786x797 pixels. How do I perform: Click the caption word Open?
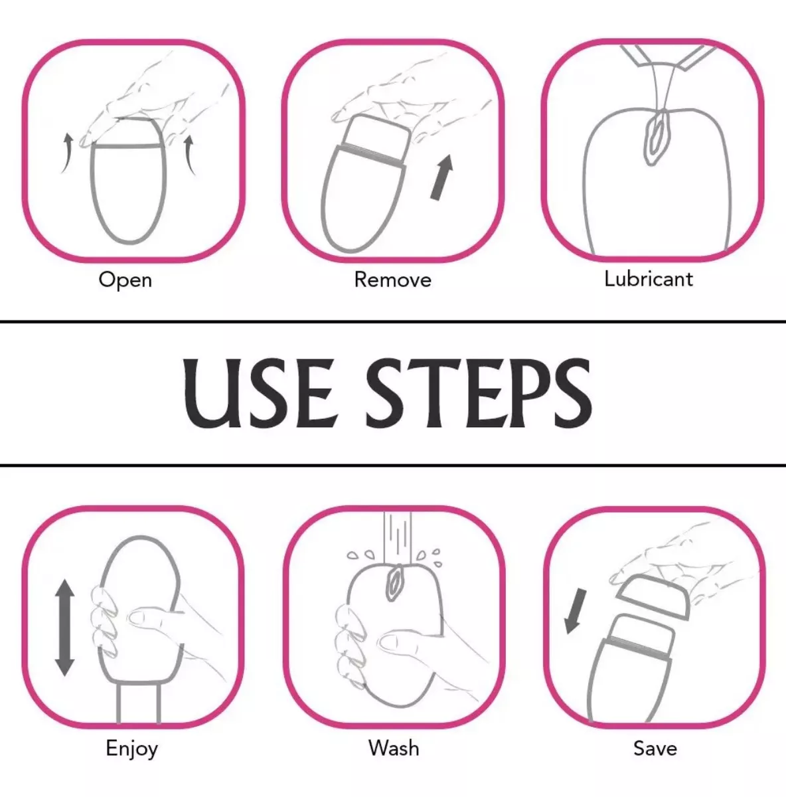pyautogui.click(x=125, y=280)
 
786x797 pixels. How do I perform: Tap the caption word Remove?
pyautogui.click(x=393, y=280)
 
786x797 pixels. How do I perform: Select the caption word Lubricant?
pyautogui.click(x=649, y=279)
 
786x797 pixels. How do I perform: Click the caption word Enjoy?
pyautogui.click(x=131, y=749)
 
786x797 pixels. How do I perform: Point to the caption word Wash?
pyautogui.click(x=394, y=749)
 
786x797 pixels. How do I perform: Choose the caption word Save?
pyautogui.click(x=655, y=749)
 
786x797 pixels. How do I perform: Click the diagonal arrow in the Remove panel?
pyautogui.click(x=441, y=177)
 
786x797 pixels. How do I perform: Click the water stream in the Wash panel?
pyautogui.click(x=398, y=538)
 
